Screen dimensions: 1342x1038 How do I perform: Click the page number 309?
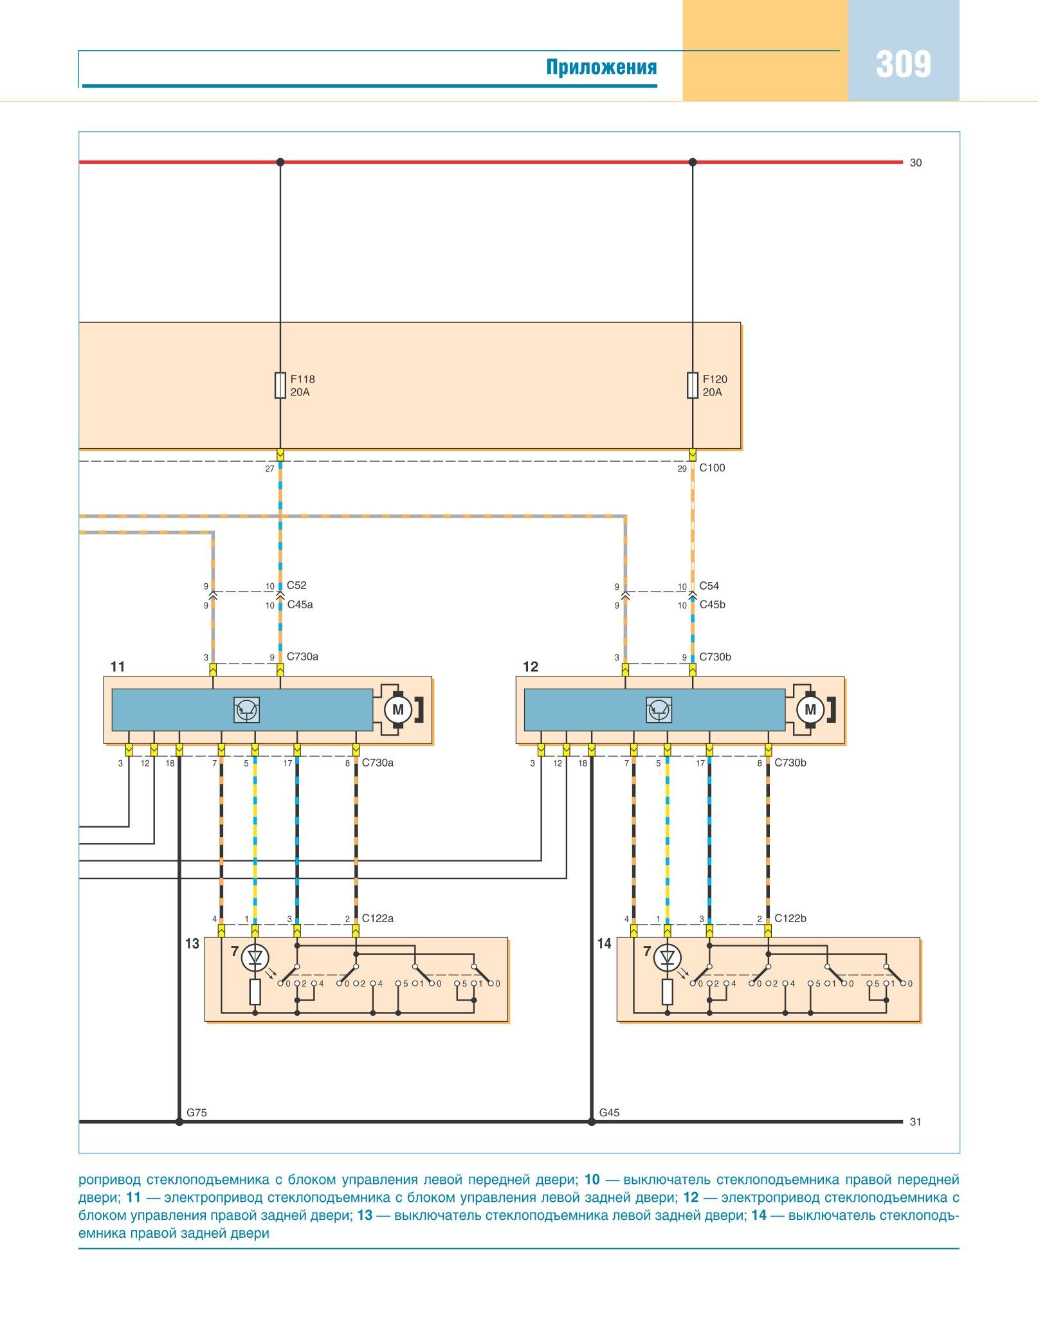(903, 64)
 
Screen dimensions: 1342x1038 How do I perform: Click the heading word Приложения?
(601, 67)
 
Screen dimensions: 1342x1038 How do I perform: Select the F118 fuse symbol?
(280, 385)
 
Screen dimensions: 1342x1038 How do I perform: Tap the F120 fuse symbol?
(693, 385)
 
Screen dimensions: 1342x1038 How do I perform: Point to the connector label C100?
(712, 468)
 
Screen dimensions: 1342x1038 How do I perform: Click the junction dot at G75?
(179, 1122)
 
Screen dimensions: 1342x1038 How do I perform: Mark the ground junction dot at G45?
(592, 1122)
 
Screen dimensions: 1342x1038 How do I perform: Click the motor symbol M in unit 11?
(398, 710)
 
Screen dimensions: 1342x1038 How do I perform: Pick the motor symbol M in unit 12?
(810, 710)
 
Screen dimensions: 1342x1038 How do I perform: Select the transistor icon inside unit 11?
(246, 710)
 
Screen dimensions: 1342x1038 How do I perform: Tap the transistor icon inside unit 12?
(659, 710)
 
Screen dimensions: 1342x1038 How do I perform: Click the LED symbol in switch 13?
(255, 959)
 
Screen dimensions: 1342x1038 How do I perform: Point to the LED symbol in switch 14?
(668, 959)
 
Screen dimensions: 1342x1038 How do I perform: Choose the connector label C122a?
(378, 918)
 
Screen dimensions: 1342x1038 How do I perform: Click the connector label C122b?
(790, 918)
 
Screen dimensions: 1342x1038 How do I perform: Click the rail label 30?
(916, 163)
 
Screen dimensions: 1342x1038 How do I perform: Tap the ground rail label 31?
(916, 1122)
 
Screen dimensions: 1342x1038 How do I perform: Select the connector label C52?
(296, 585)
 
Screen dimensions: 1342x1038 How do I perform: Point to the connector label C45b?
(713, 604)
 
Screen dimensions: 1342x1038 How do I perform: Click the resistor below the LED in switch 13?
(255, 992)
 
